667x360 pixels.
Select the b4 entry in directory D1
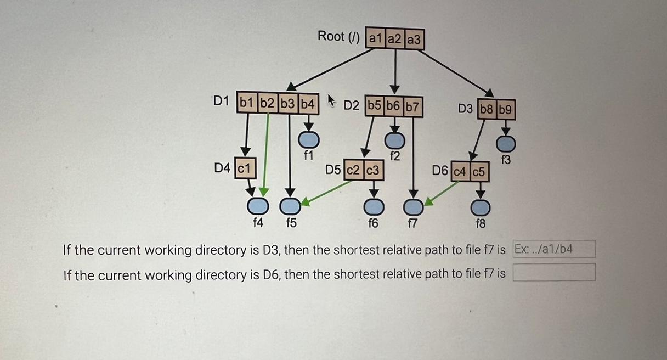point(308,103)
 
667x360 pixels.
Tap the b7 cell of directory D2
point(412,106)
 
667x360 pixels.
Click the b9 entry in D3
point(506,110)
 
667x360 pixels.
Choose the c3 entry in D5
point(373,170)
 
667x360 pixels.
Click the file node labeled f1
point(308,139)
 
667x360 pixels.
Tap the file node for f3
point(506,143)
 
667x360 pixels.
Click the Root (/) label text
point(338,37)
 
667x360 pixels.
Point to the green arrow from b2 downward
point(266,154)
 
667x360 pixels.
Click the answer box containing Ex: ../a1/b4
point(554,249)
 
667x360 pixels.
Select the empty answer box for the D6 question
point(554,272)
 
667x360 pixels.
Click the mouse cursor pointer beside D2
point(331,100)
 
